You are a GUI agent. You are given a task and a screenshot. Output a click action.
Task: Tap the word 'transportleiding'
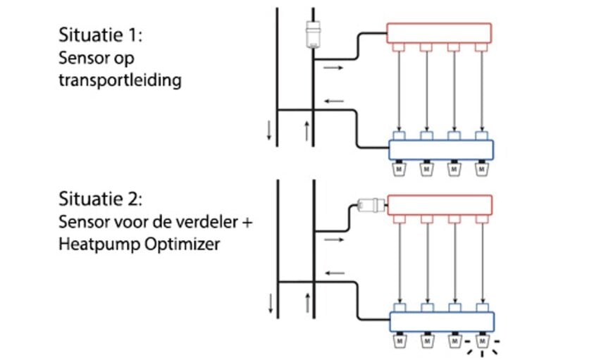click(119, 80)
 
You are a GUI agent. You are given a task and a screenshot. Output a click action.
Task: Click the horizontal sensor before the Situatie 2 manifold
click(371, 206)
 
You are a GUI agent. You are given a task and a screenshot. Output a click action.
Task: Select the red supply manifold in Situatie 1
click(438, 32)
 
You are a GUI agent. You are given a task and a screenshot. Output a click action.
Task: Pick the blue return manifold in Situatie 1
click(441, 149)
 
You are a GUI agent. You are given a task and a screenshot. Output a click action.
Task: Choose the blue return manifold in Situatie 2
click(441, 321)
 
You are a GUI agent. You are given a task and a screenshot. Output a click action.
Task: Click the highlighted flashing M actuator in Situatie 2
click(483, 342)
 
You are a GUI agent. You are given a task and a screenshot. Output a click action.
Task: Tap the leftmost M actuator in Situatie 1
click(398, 170)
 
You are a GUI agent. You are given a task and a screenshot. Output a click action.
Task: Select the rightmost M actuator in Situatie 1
click(482, 170)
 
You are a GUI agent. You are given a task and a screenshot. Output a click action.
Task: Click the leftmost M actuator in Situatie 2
click(400, 342)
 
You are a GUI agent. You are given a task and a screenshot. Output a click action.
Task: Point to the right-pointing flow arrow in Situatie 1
click(334, 68)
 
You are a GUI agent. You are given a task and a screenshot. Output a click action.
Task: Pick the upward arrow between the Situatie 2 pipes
click(307, 304)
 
